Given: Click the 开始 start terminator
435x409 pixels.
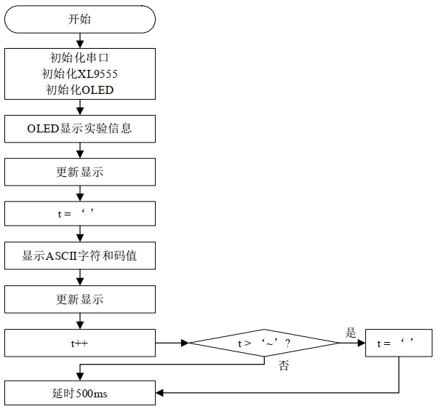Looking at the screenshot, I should [80, 20].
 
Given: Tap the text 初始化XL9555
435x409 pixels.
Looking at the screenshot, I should [80, 74].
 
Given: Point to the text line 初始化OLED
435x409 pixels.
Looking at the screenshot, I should [80, 90].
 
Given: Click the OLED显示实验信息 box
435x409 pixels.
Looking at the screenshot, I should [80, 130].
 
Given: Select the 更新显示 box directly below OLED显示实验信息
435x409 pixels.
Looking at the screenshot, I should [80, 172].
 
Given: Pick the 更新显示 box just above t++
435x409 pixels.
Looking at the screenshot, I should [80, 299].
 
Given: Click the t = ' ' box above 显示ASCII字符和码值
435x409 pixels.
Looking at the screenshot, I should [80, 214].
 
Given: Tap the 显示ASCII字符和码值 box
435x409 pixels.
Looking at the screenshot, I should [80, 256].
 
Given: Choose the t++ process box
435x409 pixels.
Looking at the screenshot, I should [80, 342].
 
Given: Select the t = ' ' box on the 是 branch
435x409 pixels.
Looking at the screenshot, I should [399, 342].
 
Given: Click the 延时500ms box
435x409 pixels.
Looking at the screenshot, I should [80, 393].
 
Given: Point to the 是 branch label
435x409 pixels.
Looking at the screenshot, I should [350, 333].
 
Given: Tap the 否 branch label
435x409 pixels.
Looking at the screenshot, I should [284, 365].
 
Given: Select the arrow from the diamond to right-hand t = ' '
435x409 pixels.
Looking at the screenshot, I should [348, 342].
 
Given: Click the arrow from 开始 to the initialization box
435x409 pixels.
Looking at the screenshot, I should [80, 41].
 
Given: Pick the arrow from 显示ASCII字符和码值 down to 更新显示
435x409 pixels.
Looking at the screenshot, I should [80, 278].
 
